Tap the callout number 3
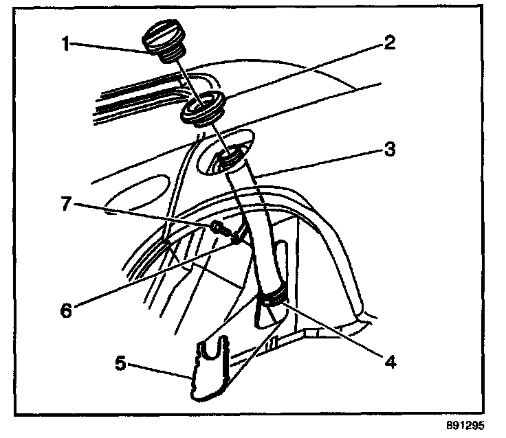pos(390,150)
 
